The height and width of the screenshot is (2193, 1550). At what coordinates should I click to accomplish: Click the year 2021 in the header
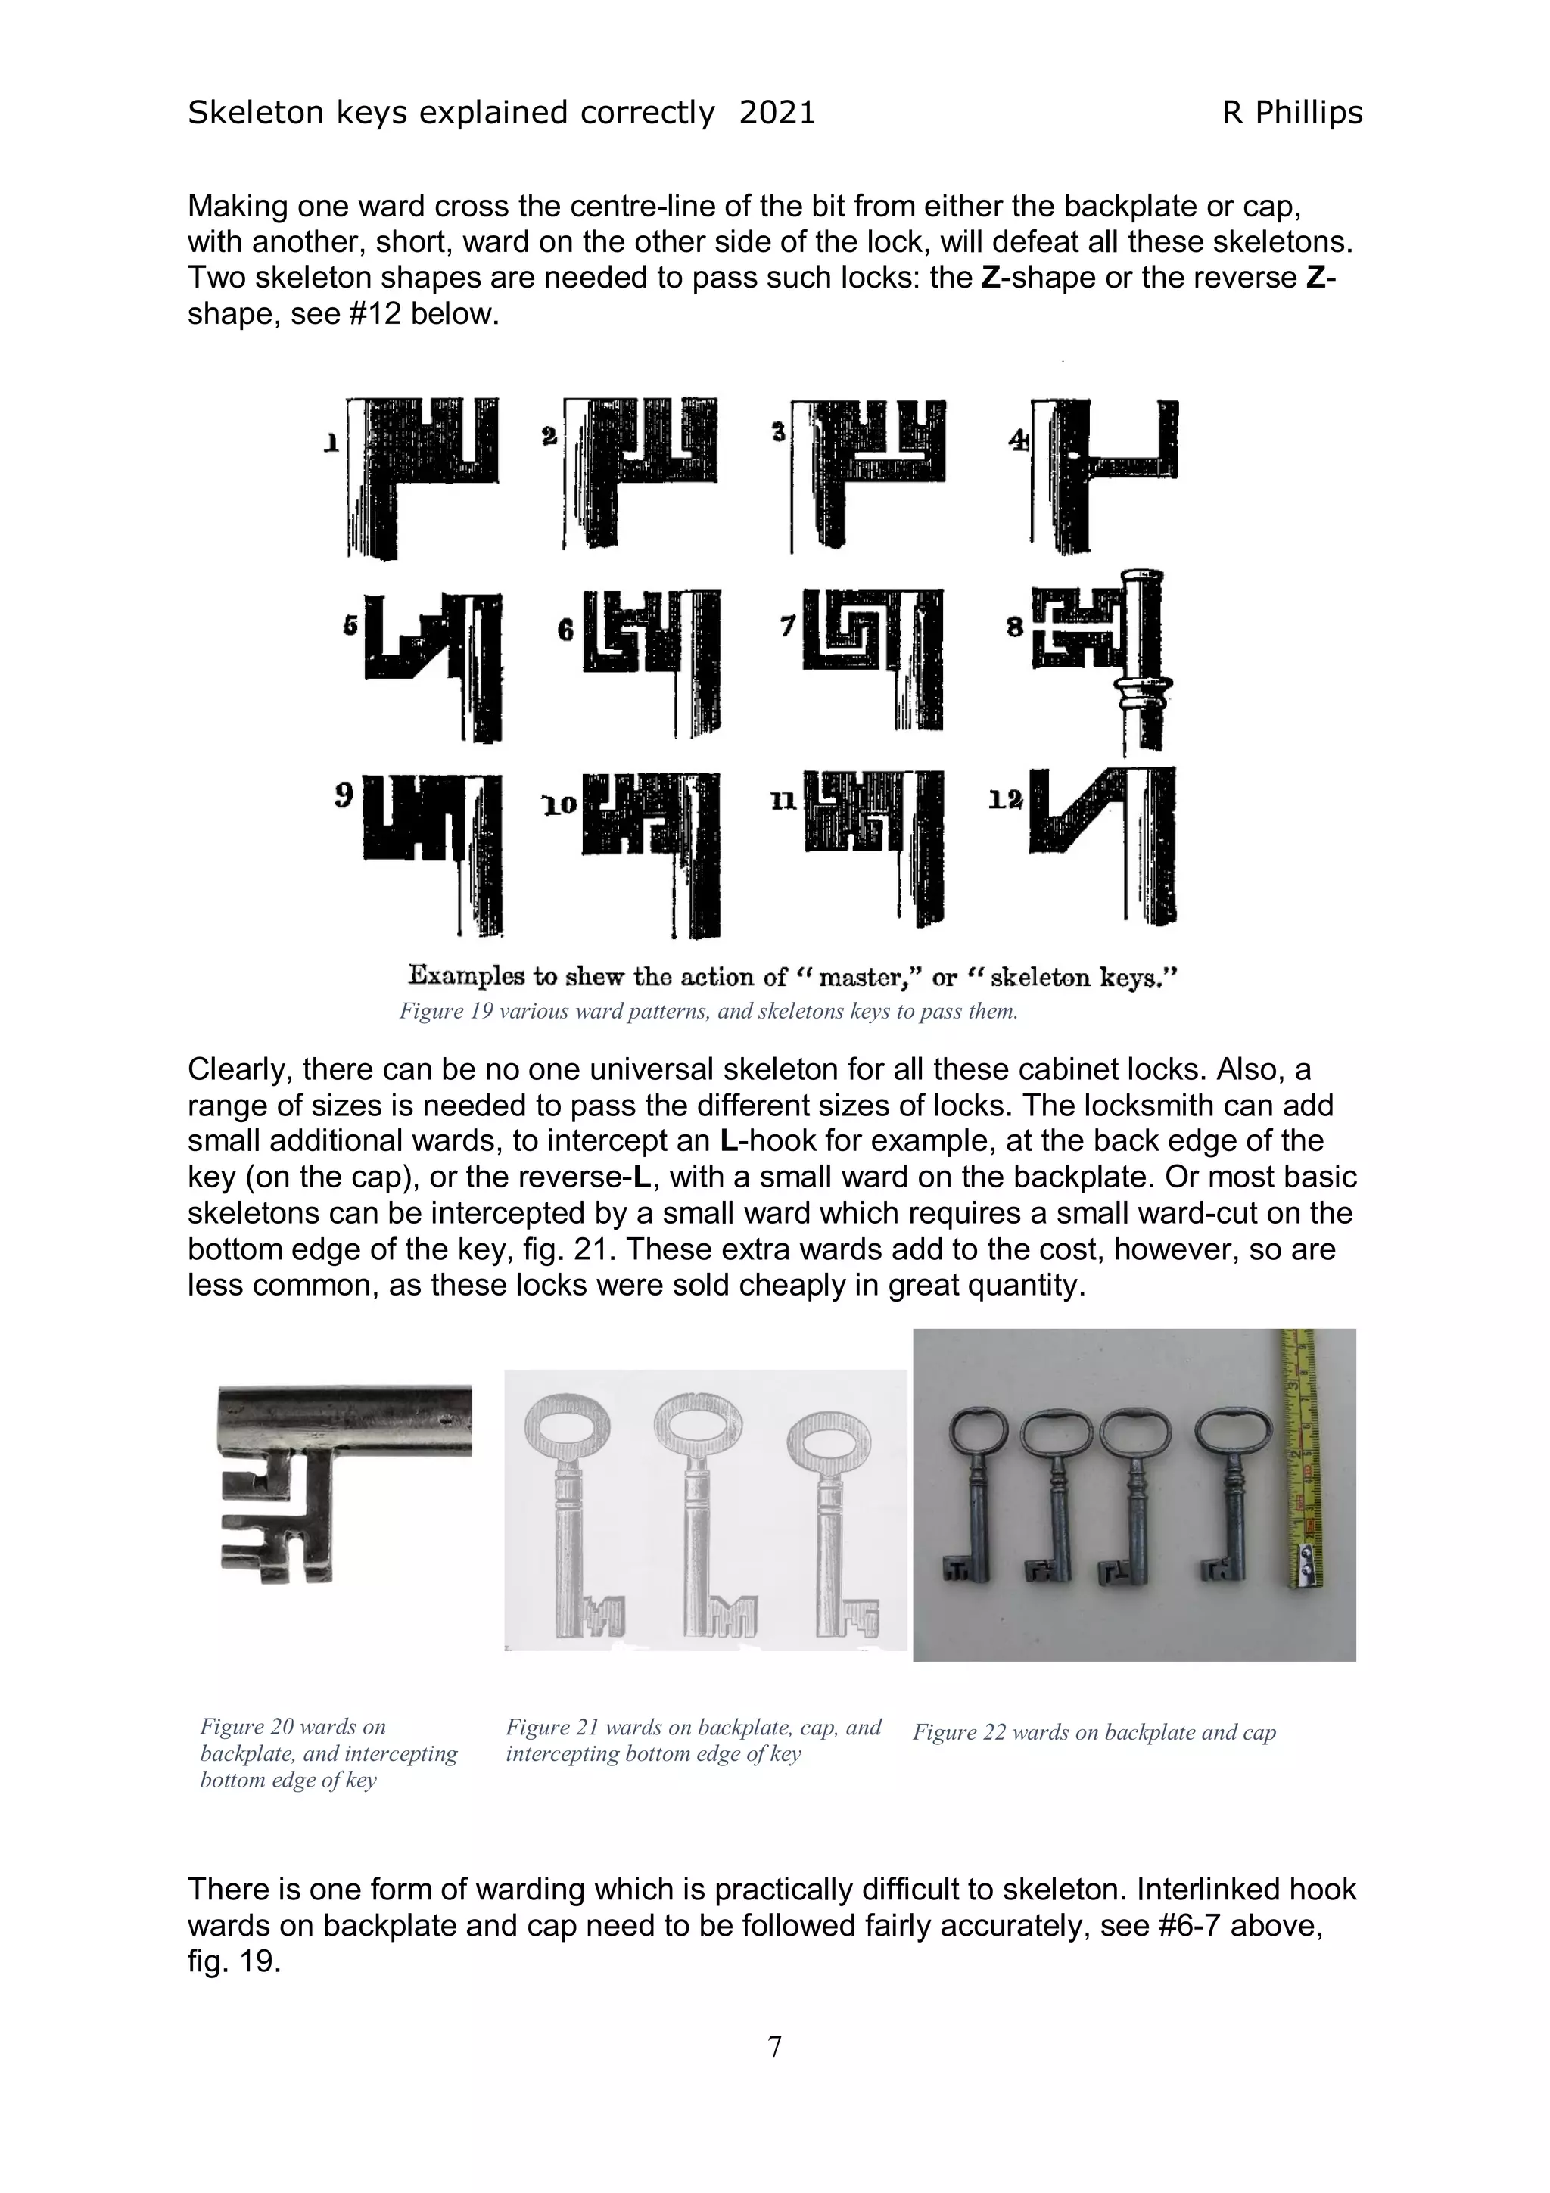click(x=777, y=113)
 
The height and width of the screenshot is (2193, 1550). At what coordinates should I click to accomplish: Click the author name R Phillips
click(x=1291, y=113)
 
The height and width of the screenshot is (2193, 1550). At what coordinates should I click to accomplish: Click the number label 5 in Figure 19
click(x=350, y=626)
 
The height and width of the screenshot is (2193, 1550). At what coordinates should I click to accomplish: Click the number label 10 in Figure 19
click(x=559, y=805)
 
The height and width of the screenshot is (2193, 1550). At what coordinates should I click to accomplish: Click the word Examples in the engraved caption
click(x=468, y=976)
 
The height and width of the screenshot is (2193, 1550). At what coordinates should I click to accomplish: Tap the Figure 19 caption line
click(x=708, y=1012)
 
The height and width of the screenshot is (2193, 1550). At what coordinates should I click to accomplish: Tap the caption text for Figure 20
click(x=328, y=1753)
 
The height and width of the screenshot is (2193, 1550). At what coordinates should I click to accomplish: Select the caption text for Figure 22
click(x=1094, y=1733)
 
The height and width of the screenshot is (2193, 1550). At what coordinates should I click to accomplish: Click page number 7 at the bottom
click(x=774, y=2047)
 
